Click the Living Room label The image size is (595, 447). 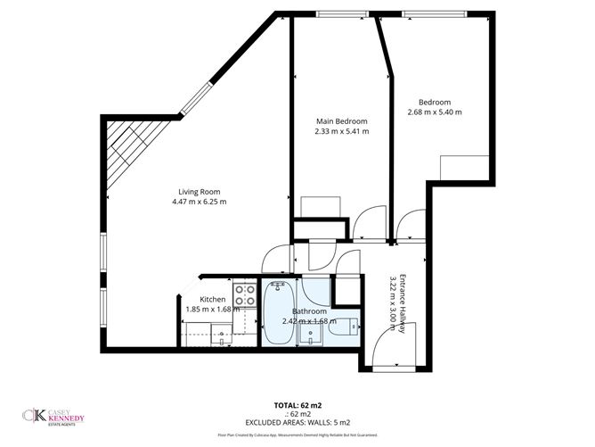199,192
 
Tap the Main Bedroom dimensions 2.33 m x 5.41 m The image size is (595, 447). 341,131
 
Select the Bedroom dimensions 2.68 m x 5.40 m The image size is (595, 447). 435,112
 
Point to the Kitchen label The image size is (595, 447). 212,299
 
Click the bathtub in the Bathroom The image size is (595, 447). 278,313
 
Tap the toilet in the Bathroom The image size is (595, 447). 344,327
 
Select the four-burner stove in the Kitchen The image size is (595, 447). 243,294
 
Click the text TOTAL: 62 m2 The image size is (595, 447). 297,405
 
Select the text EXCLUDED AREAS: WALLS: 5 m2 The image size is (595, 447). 297,422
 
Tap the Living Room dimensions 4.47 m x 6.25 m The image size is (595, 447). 200,203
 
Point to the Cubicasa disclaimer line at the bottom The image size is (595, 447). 297,434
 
